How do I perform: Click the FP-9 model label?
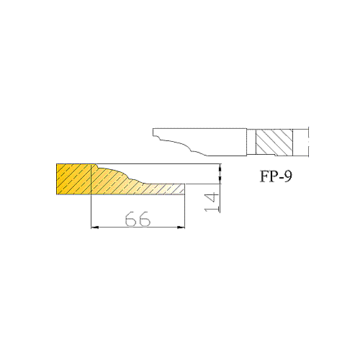point(276,176)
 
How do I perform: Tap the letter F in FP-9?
point(264,176)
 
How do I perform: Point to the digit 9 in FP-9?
point(288,176)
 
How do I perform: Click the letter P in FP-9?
point(273,176)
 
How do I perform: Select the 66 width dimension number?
point(138,219)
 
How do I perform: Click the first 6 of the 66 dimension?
point(131,219)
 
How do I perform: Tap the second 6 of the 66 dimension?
point(145,219)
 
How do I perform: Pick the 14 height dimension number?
point(212,202)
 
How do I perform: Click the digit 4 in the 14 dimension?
point(212,197)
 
